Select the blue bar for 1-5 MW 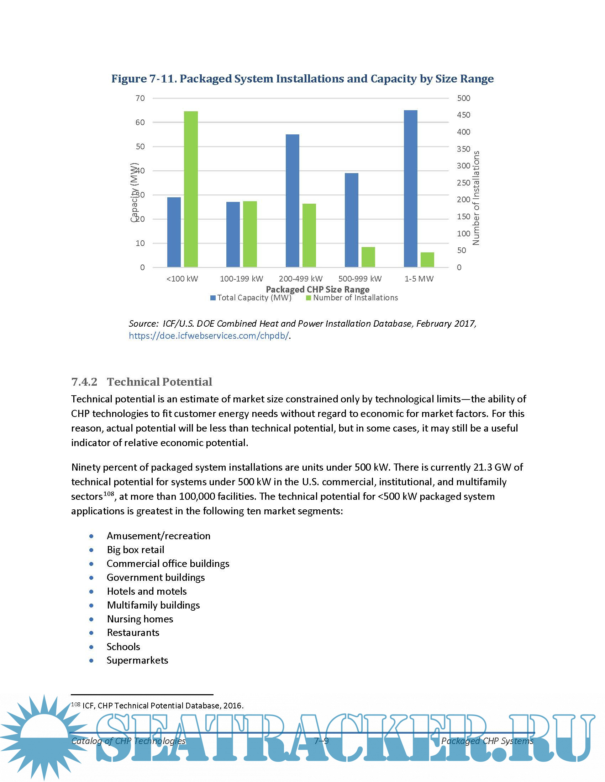[x=410, y=189]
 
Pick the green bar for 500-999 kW [x=368, y=257]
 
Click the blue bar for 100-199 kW [x=233, y=235]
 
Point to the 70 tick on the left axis [x=140, y=98]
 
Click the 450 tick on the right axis [x=463, y=115]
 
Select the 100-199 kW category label [x=241, y=279]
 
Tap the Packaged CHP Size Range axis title [x=317, y=289]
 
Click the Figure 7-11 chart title [x=302, y=79]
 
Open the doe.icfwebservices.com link [x=209, y=336]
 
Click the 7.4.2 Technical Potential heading [x=142, y=382]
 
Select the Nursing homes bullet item [x=140, y=619]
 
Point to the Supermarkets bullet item [x=137, y=660]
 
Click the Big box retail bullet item [x=136, y=550]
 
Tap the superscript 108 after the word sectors [x=109, y=494]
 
